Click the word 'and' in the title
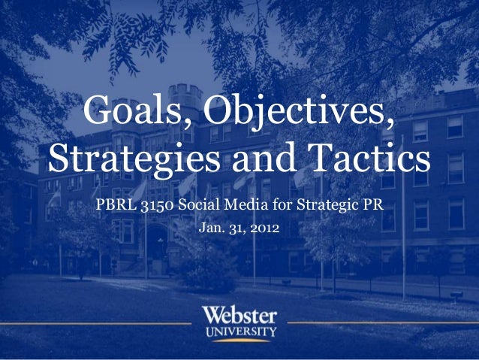pyautogui.click(x=263, y=158)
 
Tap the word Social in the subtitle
pyautogui.click(x=197, y=204)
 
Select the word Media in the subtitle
pyautogui.click(x=240, y=204)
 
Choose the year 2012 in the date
pyautogui.click(x=264, y=225)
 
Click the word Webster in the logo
pyautogui.click(x=239, y=314)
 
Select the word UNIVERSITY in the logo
pyautogui.click(x=239, y=330)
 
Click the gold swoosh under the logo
pyautogui.click(x=239, y=340)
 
